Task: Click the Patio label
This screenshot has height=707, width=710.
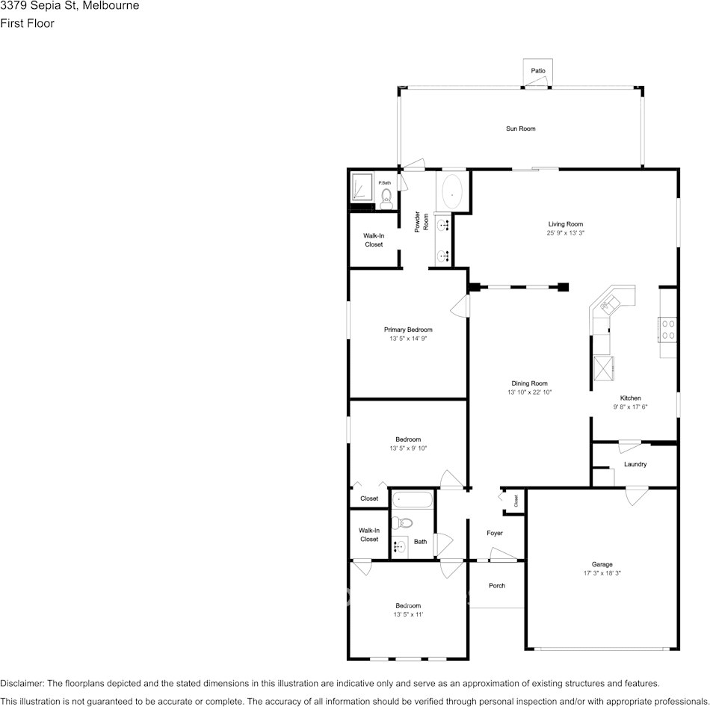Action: pyautogui.click(x=538, y=71)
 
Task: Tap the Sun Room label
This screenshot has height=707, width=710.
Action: pyautogui.click(x=520, y=129)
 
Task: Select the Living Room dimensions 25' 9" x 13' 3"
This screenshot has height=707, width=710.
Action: pyautogui.click(x=565, y=233)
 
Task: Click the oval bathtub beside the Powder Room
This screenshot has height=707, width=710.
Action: pyautogui.click(x=452, y=193)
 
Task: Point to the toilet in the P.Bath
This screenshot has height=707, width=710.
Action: pyautogui.click(x=386, y=197)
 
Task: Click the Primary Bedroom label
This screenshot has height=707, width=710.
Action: pyautogui.click(x=408, y=330)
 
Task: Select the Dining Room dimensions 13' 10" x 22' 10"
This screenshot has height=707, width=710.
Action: pyautogui.click(x=529, y=392)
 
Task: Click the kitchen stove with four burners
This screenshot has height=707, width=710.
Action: pyautogui.click(x=667, y=330)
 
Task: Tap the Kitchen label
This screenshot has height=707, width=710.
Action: pyautogui.click(x=630, y=398)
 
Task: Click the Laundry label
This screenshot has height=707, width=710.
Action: pyautogui.click(x=635, y=464)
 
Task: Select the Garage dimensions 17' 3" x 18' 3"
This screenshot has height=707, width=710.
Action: pyautogui.click(x=602, y=573)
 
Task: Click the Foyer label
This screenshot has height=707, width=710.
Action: pyautogui.click(x=495, y=533)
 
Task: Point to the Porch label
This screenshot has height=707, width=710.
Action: pyautogui.click(x=496, y=585)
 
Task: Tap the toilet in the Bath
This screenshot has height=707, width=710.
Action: pyautogui.click(x=404, y=522)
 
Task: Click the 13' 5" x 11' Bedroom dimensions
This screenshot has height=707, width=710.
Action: pyautogui.click(x=408, y=614)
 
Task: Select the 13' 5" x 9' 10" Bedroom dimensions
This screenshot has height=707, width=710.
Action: pyautogui.click(x=408, y=448)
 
